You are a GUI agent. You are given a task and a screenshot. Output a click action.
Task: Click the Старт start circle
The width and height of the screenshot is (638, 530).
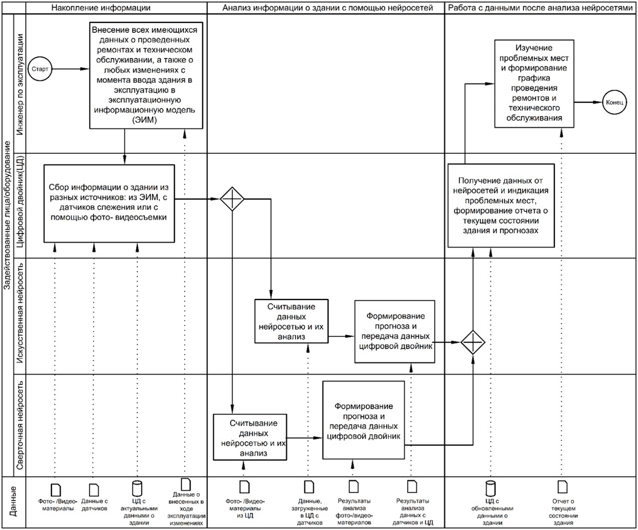coord(41,69)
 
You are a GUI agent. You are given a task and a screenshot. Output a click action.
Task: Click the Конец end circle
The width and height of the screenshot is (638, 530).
coord(613,103)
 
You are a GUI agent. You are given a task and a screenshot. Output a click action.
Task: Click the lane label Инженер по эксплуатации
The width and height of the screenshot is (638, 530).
coord(20,85)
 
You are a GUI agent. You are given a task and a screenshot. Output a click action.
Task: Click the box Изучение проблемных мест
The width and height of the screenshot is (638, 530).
coord(535,83)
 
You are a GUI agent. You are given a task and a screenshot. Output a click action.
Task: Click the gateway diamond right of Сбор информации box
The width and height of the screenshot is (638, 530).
coord(231,199)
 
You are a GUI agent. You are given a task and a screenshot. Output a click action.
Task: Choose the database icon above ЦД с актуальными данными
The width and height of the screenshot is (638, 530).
coord(137,488)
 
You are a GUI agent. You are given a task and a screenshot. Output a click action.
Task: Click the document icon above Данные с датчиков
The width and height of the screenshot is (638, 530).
coord(94,488)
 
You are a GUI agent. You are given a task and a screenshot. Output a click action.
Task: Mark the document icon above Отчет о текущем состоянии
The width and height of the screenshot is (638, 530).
coord(562,488)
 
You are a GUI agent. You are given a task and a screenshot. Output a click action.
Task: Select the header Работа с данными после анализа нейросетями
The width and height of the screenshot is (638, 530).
coord(541,7)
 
